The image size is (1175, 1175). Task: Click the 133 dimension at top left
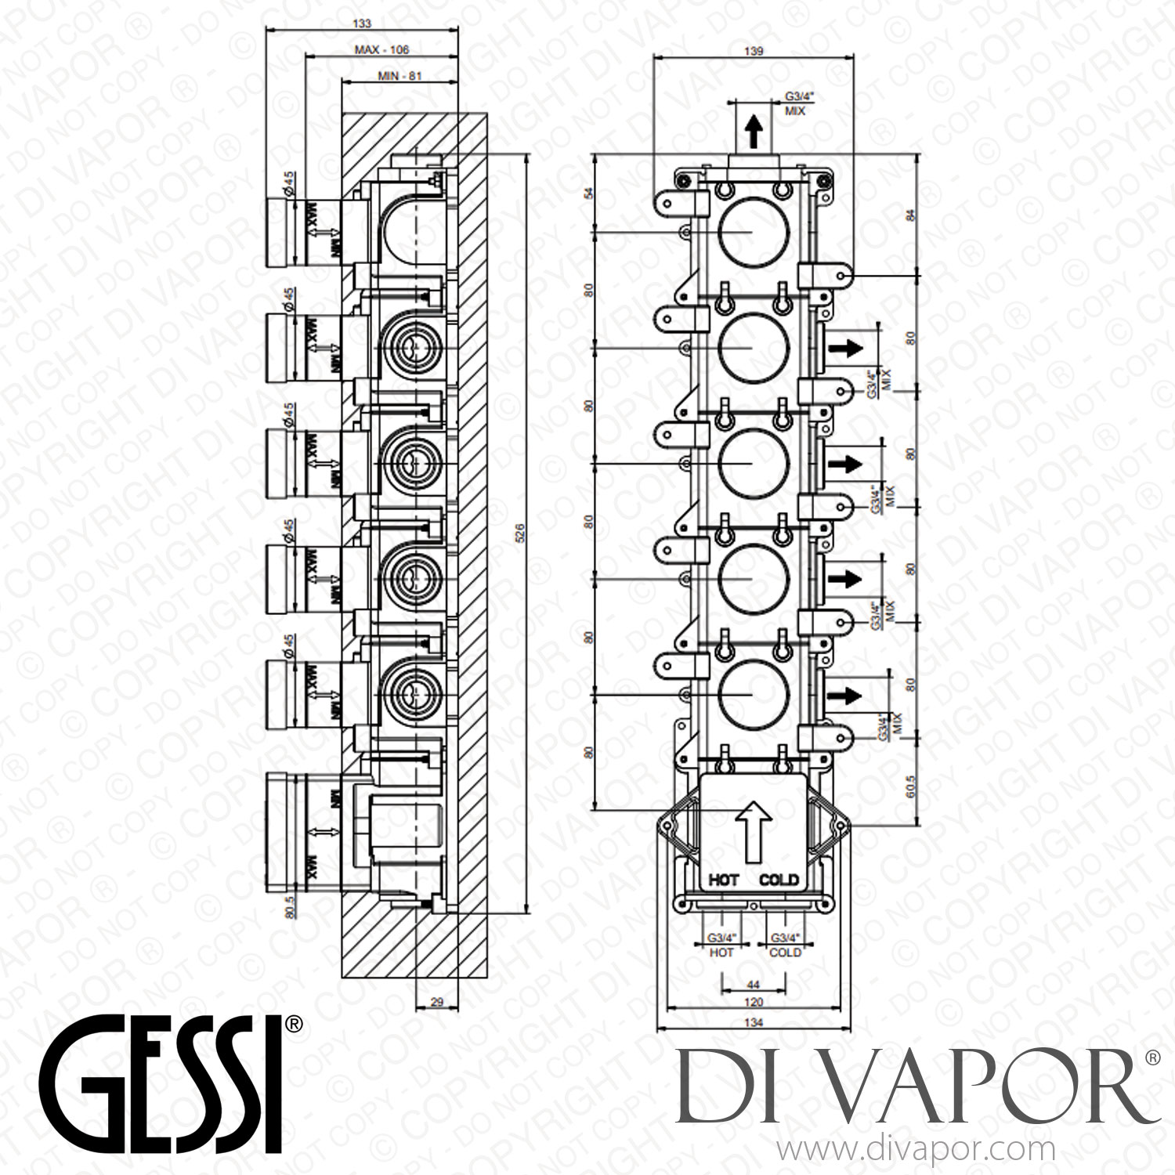pyautogui.click(x=362, y=23)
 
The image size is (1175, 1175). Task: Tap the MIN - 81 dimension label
pyautogui.click(x=399, y=77)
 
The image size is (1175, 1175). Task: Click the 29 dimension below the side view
pyautogui.click(x=436, y=1001)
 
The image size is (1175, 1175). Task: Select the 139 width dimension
pyautogui.click(x=754, y=51)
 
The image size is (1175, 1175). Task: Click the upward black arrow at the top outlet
pyautogui.click(x=754, y=132)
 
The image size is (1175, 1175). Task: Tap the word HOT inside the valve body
pyautogui.click(x=724, y=880)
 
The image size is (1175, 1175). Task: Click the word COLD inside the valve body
pyautogui.click(x=779, y=880)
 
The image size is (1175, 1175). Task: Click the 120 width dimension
pyautogui.click(x=753, y=1002)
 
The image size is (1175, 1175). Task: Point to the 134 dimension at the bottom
pyautogui.click(x=754, y=1022)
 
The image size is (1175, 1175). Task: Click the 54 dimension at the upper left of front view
pyautogui.click(x=590, y=193)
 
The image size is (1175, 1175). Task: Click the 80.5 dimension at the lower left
pyautogui.click(x=290, y=906)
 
